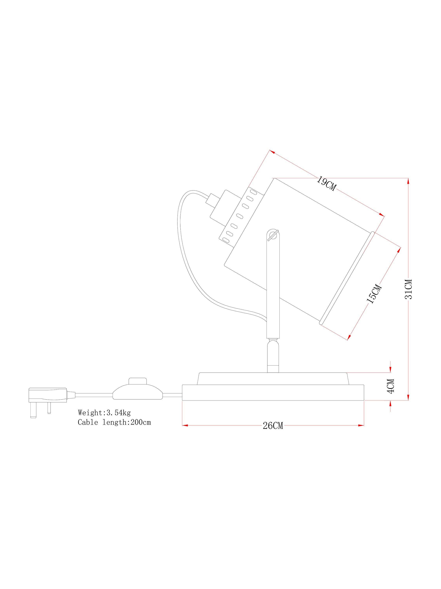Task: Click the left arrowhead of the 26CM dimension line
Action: (x=185, y=425)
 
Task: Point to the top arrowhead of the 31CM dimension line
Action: (x=408, y=181)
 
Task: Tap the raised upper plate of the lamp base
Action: (x=273, y=378)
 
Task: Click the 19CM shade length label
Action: (x=326, y=183)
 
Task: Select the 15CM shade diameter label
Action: (x=374, y=294)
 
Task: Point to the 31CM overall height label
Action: (x=408, y=289)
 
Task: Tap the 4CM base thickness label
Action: (x=390, y=386)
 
